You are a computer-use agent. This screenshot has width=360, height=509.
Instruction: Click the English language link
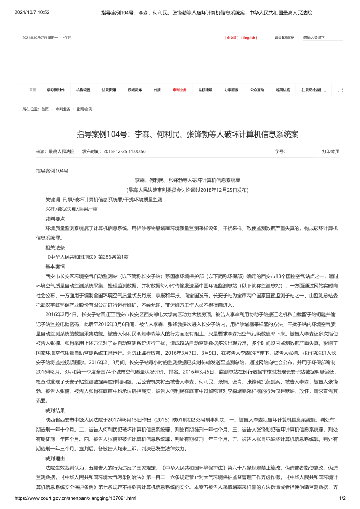point(249,38)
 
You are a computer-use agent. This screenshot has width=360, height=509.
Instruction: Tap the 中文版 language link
point(232,38)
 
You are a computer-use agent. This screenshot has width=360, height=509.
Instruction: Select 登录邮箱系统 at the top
point(285,38)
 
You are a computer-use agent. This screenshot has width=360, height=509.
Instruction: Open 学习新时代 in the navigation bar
point(56,90)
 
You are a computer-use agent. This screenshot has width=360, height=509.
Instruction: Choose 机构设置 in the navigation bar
point(84,90)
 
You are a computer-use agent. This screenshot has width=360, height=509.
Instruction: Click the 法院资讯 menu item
point(109,90)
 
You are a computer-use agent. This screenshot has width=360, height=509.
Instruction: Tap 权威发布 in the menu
point(135,90)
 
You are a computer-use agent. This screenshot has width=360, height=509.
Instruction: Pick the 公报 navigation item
point(157,90)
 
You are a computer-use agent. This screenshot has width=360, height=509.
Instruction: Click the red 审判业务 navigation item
point(180,90)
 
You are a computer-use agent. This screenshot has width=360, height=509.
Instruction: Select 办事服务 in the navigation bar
point(231,90)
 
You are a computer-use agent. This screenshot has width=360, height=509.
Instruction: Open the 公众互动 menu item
point(257,90)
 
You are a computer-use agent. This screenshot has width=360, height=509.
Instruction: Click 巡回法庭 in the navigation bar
point(283,90)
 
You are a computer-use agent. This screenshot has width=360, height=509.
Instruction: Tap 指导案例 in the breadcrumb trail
point(85,109)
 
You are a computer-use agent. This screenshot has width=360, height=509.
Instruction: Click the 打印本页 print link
point(330,151)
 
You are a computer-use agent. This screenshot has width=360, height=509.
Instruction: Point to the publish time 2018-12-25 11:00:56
point(124,151)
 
